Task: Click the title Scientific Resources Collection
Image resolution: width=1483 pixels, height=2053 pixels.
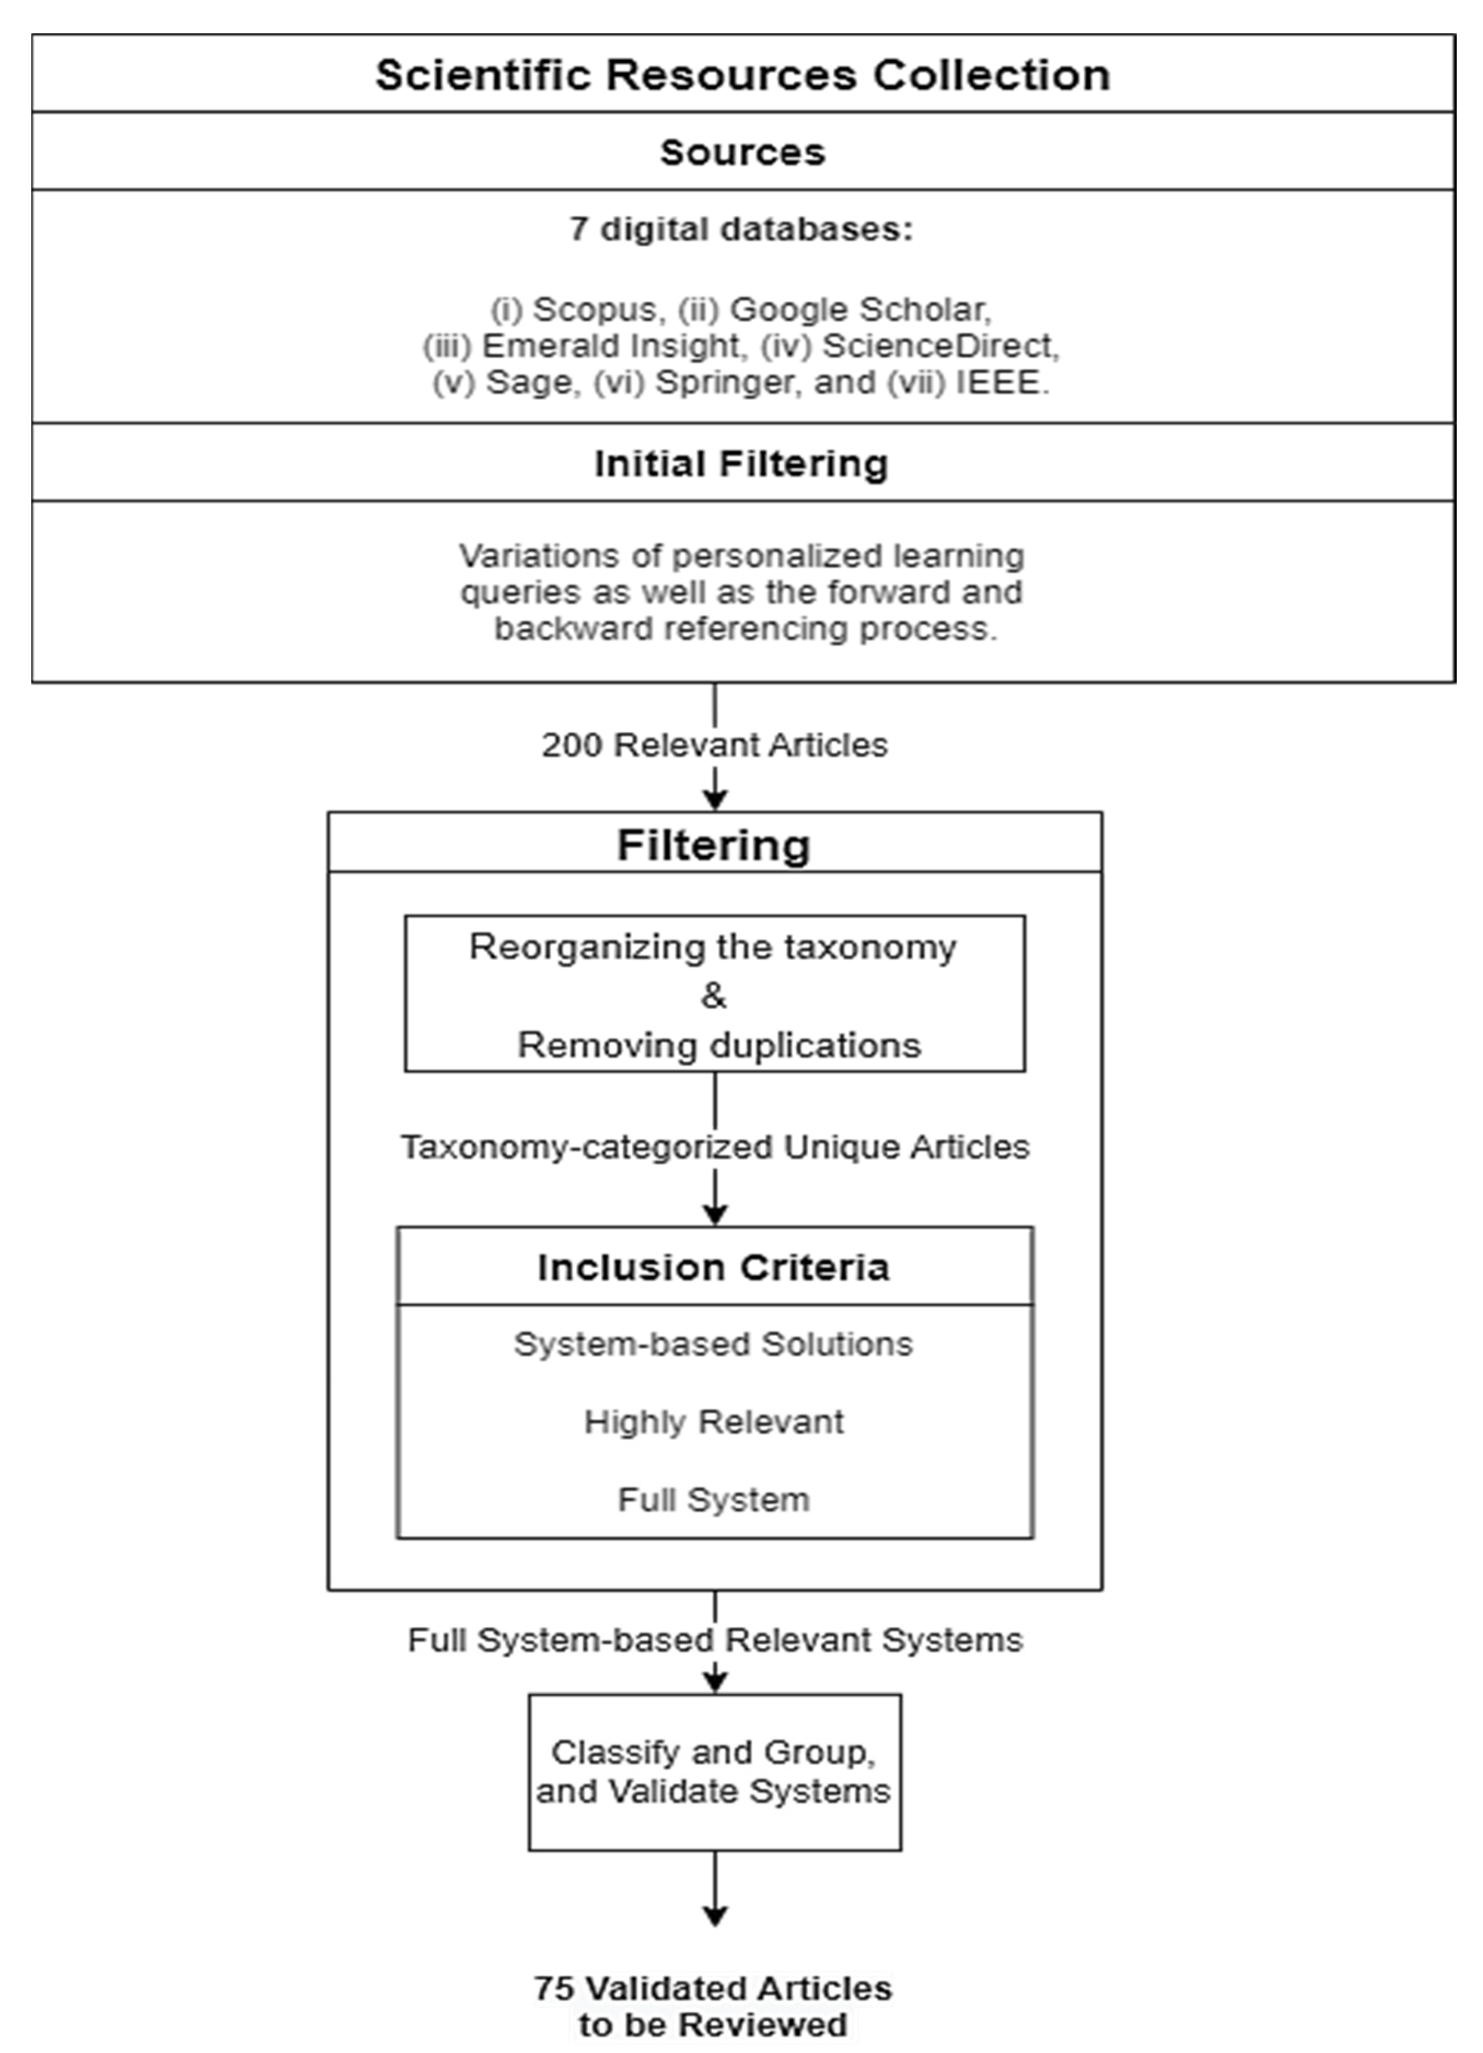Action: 742,74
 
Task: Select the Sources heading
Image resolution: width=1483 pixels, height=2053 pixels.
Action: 742,152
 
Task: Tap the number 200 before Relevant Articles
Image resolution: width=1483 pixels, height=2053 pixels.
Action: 572,745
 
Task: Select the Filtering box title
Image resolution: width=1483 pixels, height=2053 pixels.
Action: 713,846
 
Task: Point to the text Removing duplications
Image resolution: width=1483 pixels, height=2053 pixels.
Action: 719,1045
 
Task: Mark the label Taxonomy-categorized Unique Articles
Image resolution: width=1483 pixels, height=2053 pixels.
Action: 716,1147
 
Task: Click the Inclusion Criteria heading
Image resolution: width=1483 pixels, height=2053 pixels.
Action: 713,1267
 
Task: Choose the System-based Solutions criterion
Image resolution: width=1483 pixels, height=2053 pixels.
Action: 713,1344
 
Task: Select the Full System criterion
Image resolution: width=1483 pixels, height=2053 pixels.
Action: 713,1500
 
